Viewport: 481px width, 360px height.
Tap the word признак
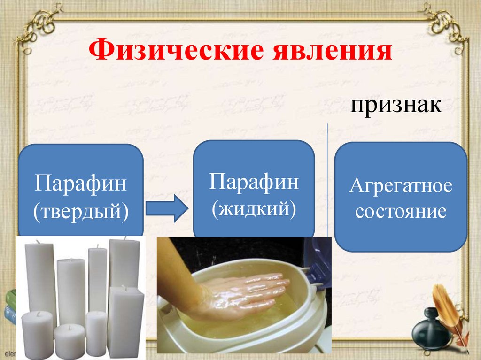coord(395,105)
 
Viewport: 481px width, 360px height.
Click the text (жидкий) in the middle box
coord(254,207)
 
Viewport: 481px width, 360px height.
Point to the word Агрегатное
coord(400,186)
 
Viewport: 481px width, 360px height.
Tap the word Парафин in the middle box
coord(254,181)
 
